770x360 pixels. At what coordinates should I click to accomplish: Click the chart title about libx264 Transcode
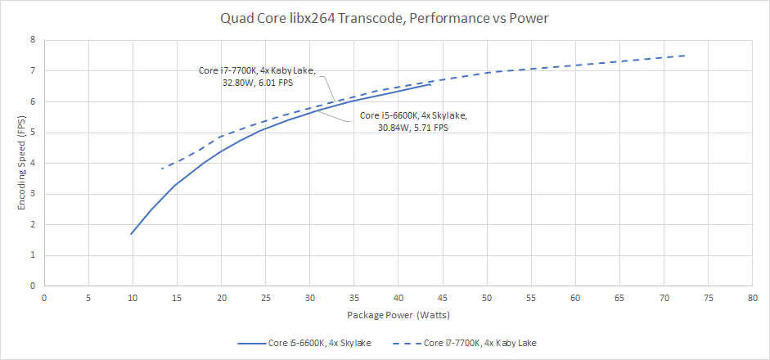coord(385,16)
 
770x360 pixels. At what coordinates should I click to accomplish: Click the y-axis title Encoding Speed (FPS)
coord(22,163)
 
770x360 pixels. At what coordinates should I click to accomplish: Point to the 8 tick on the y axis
coord(32,39)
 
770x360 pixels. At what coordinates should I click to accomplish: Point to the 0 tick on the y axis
coord(32,286)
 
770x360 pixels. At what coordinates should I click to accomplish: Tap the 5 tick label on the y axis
coord(32,132)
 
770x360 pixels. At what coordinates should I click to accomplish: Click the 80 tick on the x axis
coord(751,298)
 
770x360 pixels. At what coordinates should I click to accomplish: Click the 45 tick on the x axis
coord(443,298)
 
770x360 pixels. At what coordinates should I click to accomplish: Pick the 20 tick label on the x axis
coord(221,298)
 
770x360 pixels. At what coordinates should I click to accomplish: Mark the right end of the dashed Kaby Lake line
coord(685,56)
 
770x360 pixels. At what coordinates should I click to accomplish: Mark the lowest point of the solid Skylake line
coord(131,234)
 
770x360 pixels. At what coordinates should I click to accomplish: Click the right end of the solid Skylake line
coord(430,84)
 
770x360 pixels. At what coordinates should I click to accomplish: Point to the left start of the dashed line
coord(162,169)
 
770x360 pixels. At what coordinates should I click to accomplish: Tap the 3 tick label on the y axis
coord(32,194)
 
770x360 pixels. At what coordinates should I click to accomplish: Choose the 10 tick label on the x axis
coord(133,298)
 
